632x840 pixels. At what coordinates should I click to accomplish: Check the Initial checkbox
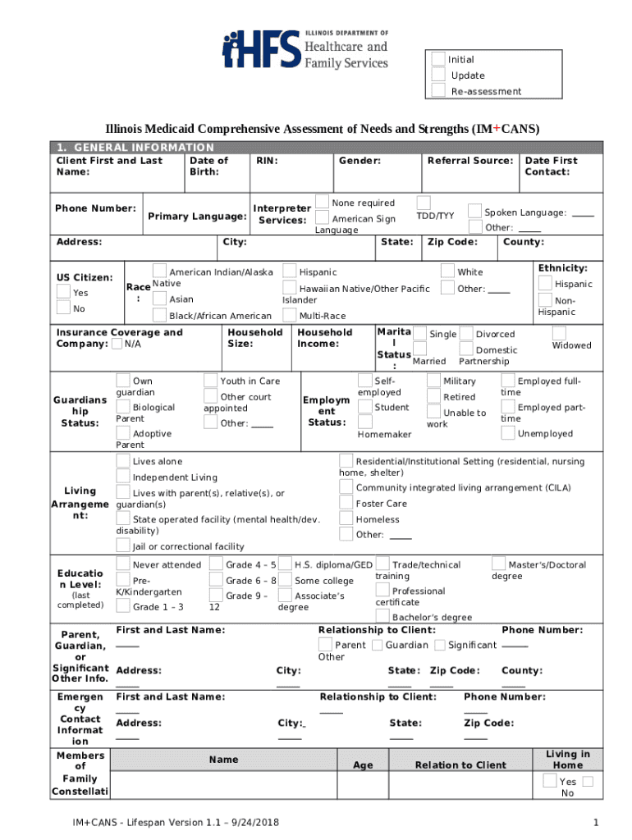438,59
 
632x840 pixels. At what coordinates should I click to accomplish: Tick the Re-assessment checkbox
438,90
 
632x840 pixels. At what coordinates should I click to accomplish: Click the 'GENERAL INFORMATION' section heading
132,148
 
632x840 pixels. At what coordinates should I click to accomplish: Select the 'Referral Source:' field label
469,161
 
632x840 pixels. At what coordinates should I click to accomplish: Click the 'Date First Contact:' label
551,167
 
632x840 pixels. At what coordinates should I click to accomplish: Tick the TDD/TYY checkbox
424,203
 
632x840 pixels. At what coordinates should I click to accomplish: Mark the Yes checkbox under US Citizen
63,291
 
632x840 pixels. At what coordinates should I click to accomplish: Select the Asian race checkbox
159,299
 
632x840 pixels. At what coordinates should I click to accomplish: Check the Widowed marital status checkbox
559,333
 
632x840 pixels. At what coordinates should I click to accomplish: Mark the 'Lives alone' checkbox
123,461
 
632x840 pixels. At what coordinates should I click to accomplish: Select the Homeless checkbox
346,518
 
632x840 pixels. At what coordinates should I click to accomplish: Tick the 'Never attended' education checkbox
123,564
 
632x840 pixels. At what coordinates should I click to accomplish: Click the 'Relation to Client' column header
460,765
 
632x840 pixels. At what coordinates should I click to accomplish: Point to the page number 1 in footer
595,823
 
